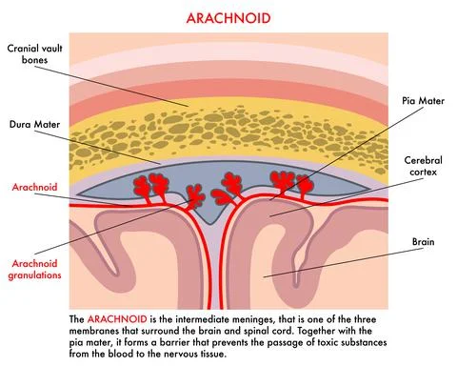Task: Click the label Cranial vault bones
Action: [x=35, y=54]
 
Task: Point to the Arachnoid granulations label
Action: [x=35, y=268]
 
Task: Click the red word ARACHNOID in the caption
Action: [x=119, y=315]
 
